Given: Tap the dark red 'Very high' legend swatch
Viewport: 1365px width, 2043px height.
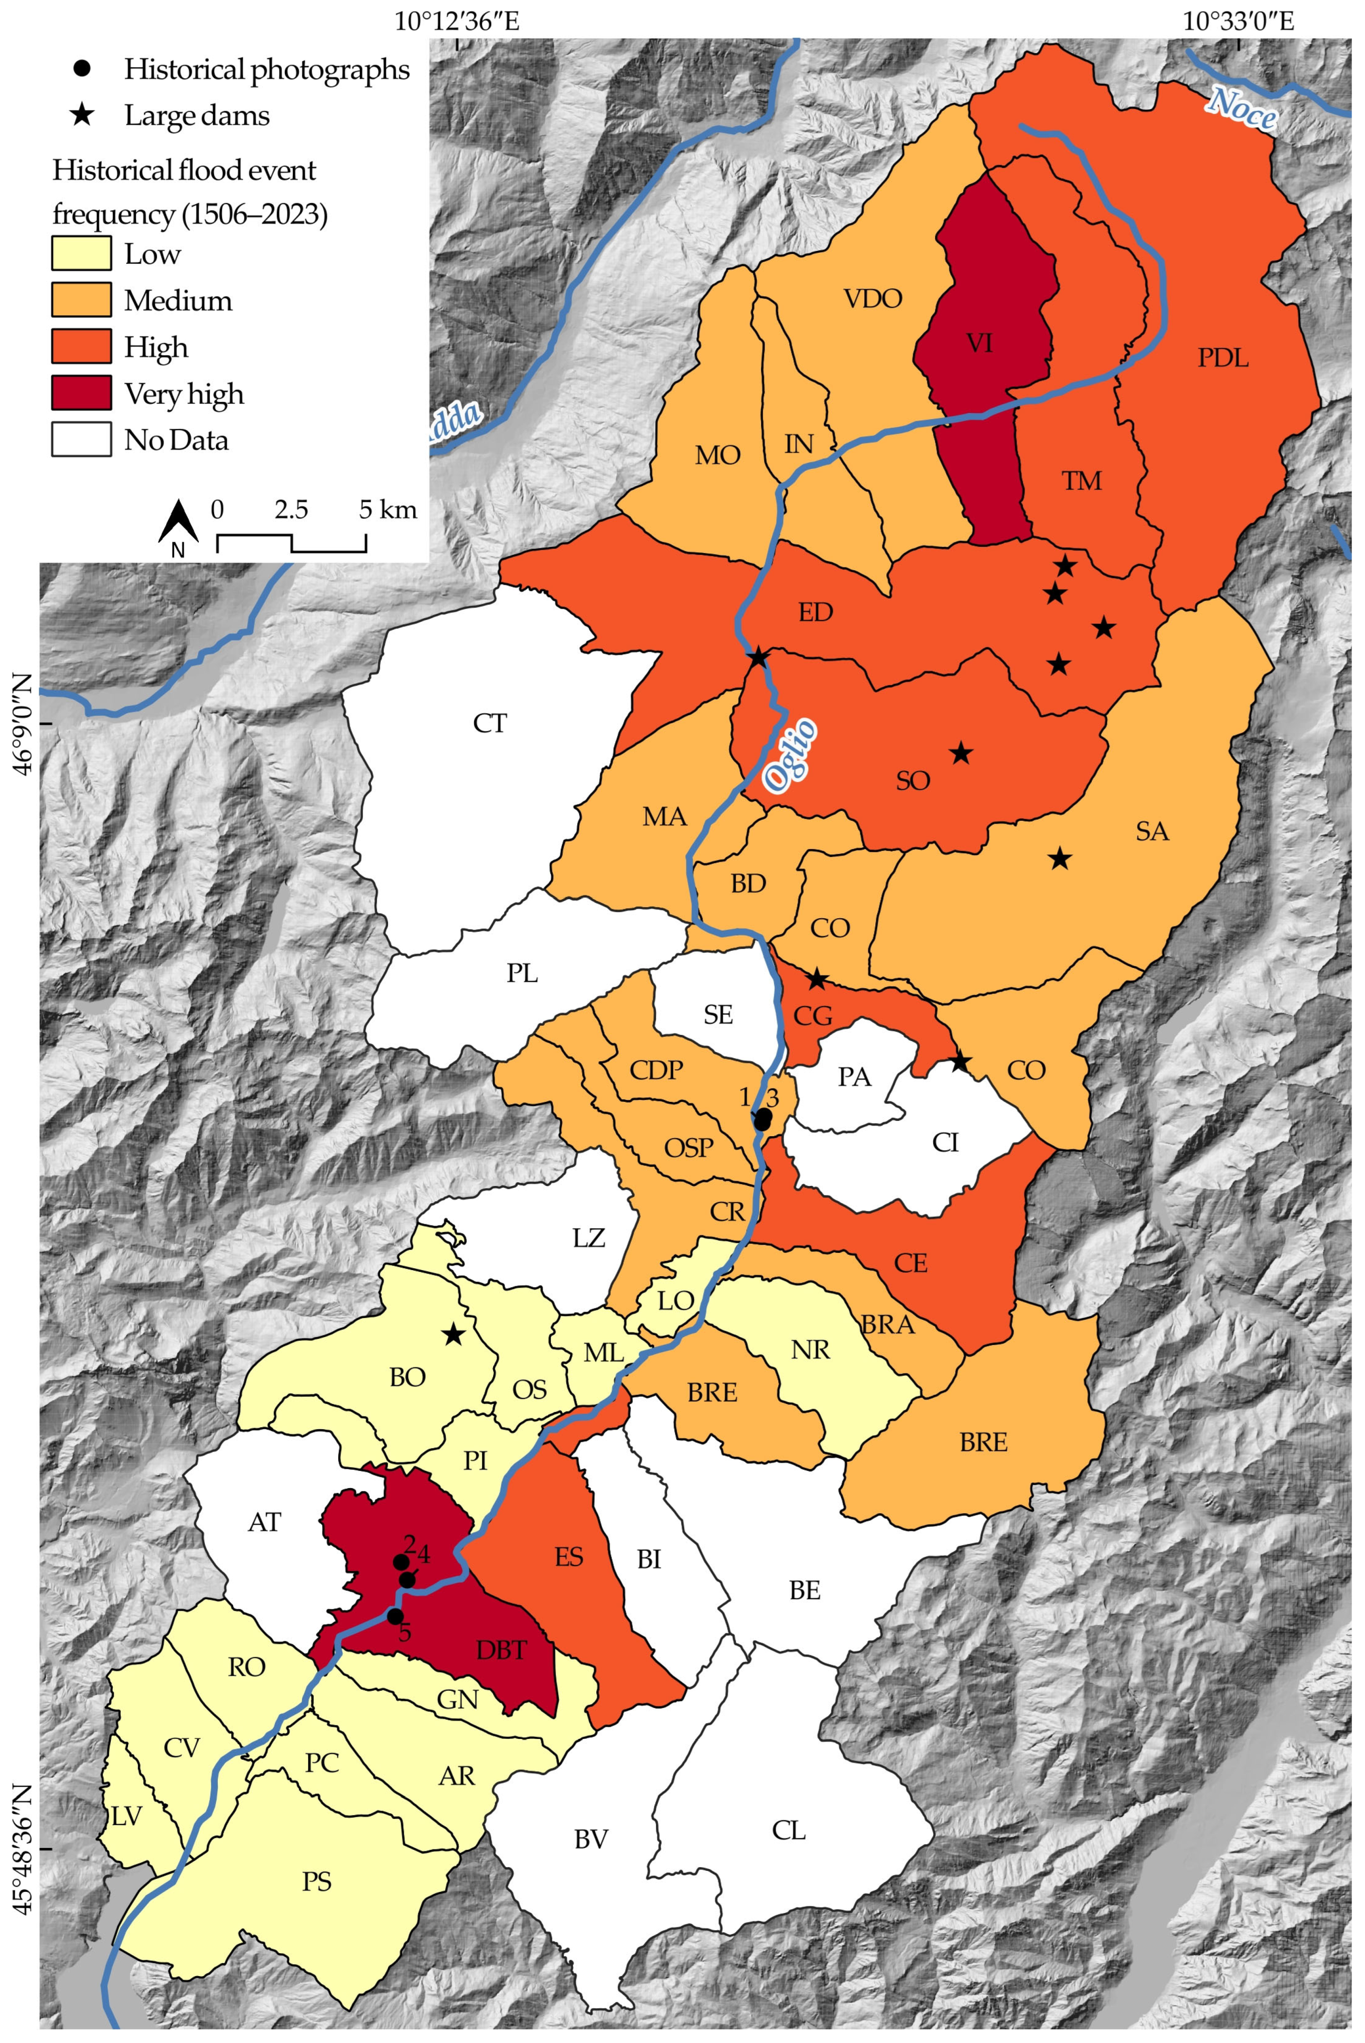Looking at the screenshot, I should [x=81, y=393].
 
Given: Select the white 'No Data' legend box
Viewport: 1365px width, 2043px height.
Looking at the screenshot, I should [x=81, y=440].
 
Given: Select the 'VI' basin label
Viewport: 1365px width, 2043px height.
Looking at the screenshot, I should [x=979, y=344].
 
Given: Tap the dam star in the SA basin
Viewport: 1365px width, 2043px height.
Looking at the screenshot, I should [x=1059, y=858].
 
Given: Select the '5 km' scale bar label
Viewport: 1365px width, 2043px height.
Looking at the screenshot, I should [x=388, y=510].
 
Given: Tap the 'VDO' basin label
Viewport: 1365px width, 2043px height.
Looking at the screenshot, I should [x=873, y=299].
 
